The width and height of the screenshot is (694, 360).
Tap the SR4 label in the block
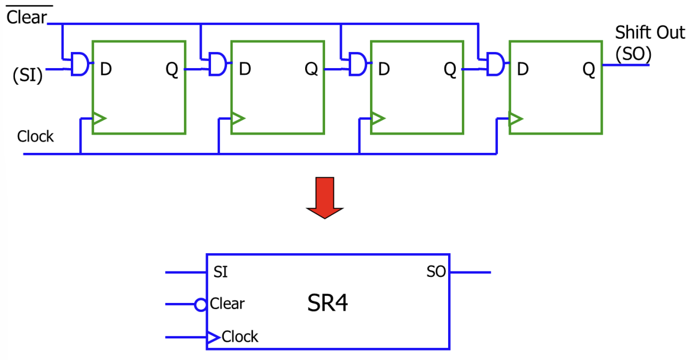pos(327,303)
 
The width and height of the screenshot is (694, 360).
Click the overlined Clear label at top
pos(26,17)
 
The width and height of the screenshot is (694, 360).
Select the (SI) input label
pos(27,75)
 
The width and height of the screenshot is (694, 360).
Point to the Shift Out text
pos(650,33)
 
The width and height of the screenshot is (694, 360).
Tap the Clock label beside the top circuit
pos(35,136)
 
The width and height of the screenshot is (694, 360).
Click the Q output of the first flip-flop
pos(172,70)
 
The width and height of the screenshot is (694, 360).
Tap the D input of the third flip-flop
pos(384,69)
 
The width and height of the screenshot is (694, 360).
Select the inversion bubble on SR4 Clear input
pos(201,305)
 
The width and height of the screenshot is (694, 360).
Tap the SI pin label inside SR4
pos(220,272)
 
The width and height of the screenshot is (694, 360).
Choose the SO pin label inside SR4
pos(436,272)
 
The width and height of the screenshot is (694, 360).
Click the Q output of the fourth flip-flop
pos(588,70)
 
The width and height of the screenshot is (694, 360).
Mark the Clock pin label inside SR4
pos(240,337)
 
